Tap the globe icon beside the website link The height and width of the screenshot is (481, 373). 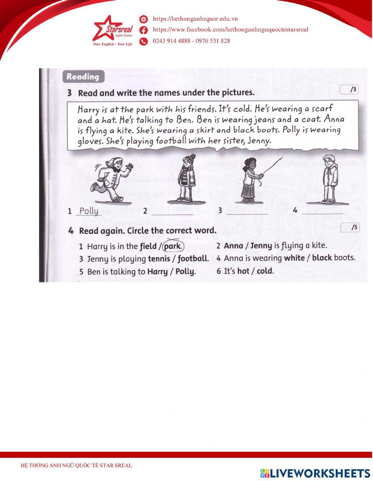point(144,19)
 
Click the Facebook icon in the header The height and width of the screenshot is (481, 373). point(144,30)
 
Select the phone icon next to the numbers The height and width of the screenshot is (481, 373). point(144,41)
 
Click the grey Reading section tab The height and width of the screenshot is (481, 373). point(83,77)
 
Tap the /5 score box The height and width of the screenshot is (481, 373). point(350,228)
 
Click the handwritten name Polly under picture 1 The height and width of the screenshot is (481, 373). point(89,211)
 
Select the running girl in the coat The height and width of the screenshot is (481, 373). point(112,179)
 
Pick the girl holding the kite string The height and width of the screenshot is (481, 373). point(249,180)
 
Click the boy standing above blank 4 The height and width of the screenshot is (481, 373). point(329,179)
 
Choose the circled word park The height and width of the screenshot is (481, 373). point(173,246)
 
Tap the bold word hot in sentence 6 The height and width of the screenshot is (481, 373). point(243,271)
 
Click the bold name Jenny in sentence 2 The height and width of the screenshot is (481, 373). point(261,246)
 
